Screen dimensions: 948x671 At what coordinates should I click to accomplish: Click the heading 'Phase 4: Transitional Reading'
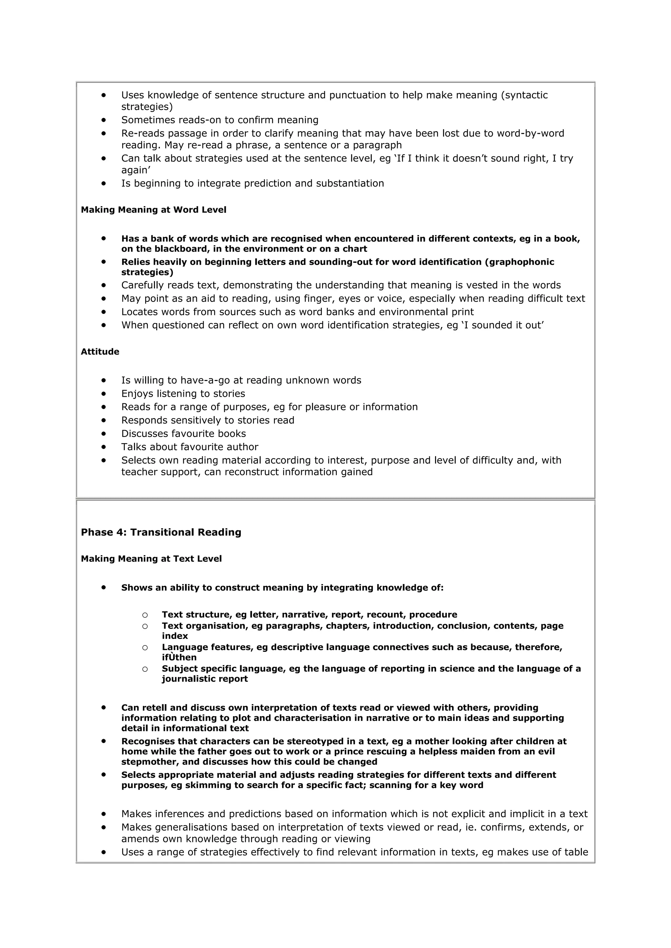click(x=161, y=532)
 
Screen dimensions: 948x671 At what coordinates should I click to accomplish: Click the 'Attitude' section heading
click(x=100, y=352)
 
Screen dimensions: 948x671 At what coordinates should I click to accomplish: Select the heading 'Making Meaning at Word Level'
click(x=153, y=210)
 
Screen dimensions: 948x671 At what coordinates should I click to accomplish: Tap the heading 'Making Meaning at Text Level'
click(x=151, y=559)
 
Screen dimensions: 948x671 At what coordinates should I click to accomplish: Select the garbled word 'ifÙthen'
click(x=179, y=657)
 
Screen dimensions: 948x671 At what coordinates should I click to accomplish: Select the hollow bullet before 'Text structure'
click(x=145, y=615)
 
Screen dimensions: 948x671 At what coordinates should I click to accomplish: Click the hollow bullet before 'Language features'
click(x=145, y=647)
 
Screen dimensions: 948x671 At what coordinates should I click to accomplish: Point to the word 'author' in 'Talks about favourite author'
click(x=243, y=447)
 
